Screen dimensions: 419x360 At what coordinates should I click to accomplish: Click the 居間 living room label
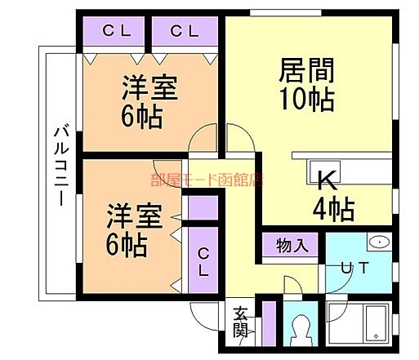(307, 70)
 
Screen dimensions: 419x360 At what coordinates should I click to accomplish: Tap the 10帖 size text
(307, 99)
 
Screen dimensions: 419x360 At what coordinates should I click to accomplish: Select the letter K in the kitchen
(328, 180)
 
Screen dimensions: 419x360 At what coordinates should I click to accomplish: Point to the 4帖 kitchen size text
(333, 209)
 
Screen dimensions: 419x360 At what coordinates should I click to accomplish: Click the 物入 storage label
(292, 246)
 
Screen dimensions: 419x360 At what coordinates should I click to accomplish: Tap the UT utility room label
(355, 267)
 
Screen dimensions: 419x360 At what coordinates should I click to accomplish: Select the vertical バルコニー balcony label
(61, 164)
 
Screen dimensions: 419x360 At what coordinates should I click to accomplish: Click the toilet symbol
(301, 330)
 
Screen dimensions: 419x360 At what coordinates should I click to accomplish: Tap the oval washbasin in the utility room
(379, 242)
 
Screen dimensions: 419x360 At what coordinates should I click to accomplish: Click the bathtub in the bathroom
(376, 323)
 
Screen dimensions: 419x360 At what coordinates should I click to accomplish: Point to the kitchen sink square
(323, 172)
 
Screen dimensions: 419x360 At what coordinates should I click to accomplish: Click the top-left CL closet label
(117, 31)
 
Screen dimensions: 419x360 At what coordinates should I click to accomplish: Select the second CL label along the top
(185, 31)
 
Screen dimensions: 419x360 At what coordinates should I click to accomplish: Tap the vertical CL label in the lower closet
(203, 262)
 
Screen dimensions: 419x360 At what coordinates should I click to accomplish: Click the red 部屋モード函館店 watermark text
(207, 180)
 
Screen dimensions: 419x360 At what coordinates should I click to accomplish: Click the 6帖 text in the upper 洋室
(142, 117)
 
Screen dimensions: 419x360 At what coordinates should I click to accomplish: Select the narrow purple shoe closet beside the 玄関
(270, 323)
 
